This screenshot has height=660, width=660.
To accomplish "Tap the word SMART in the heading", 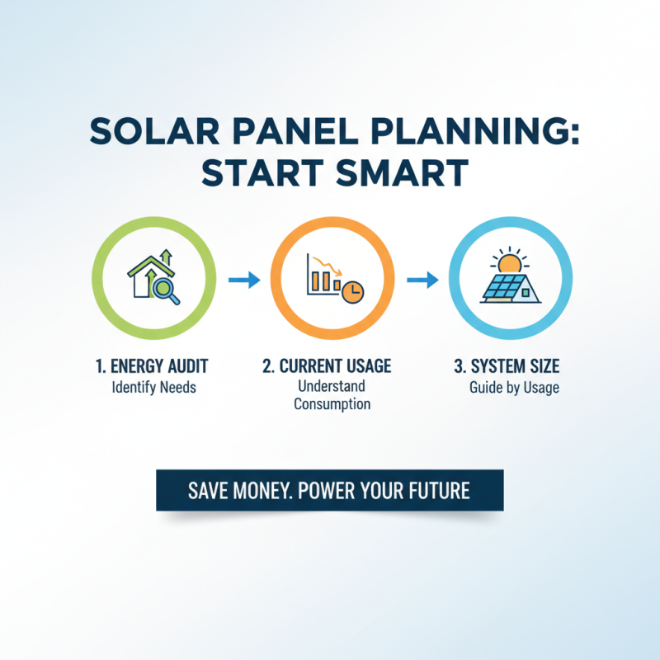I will click(403, 175).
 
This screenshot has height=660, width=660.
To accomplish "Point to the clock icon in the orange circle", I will click(352, 290).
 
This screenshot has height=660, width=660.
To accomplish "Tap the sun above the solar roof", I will click(509, 262).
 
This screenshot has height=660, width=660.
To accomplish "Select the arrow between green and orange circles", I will click(243, 281).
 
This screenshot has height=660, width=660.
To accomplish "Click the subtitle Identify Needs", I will click(153, 386).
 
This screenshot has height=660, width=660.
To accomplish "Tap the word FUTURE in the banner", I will click(438, 491).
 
